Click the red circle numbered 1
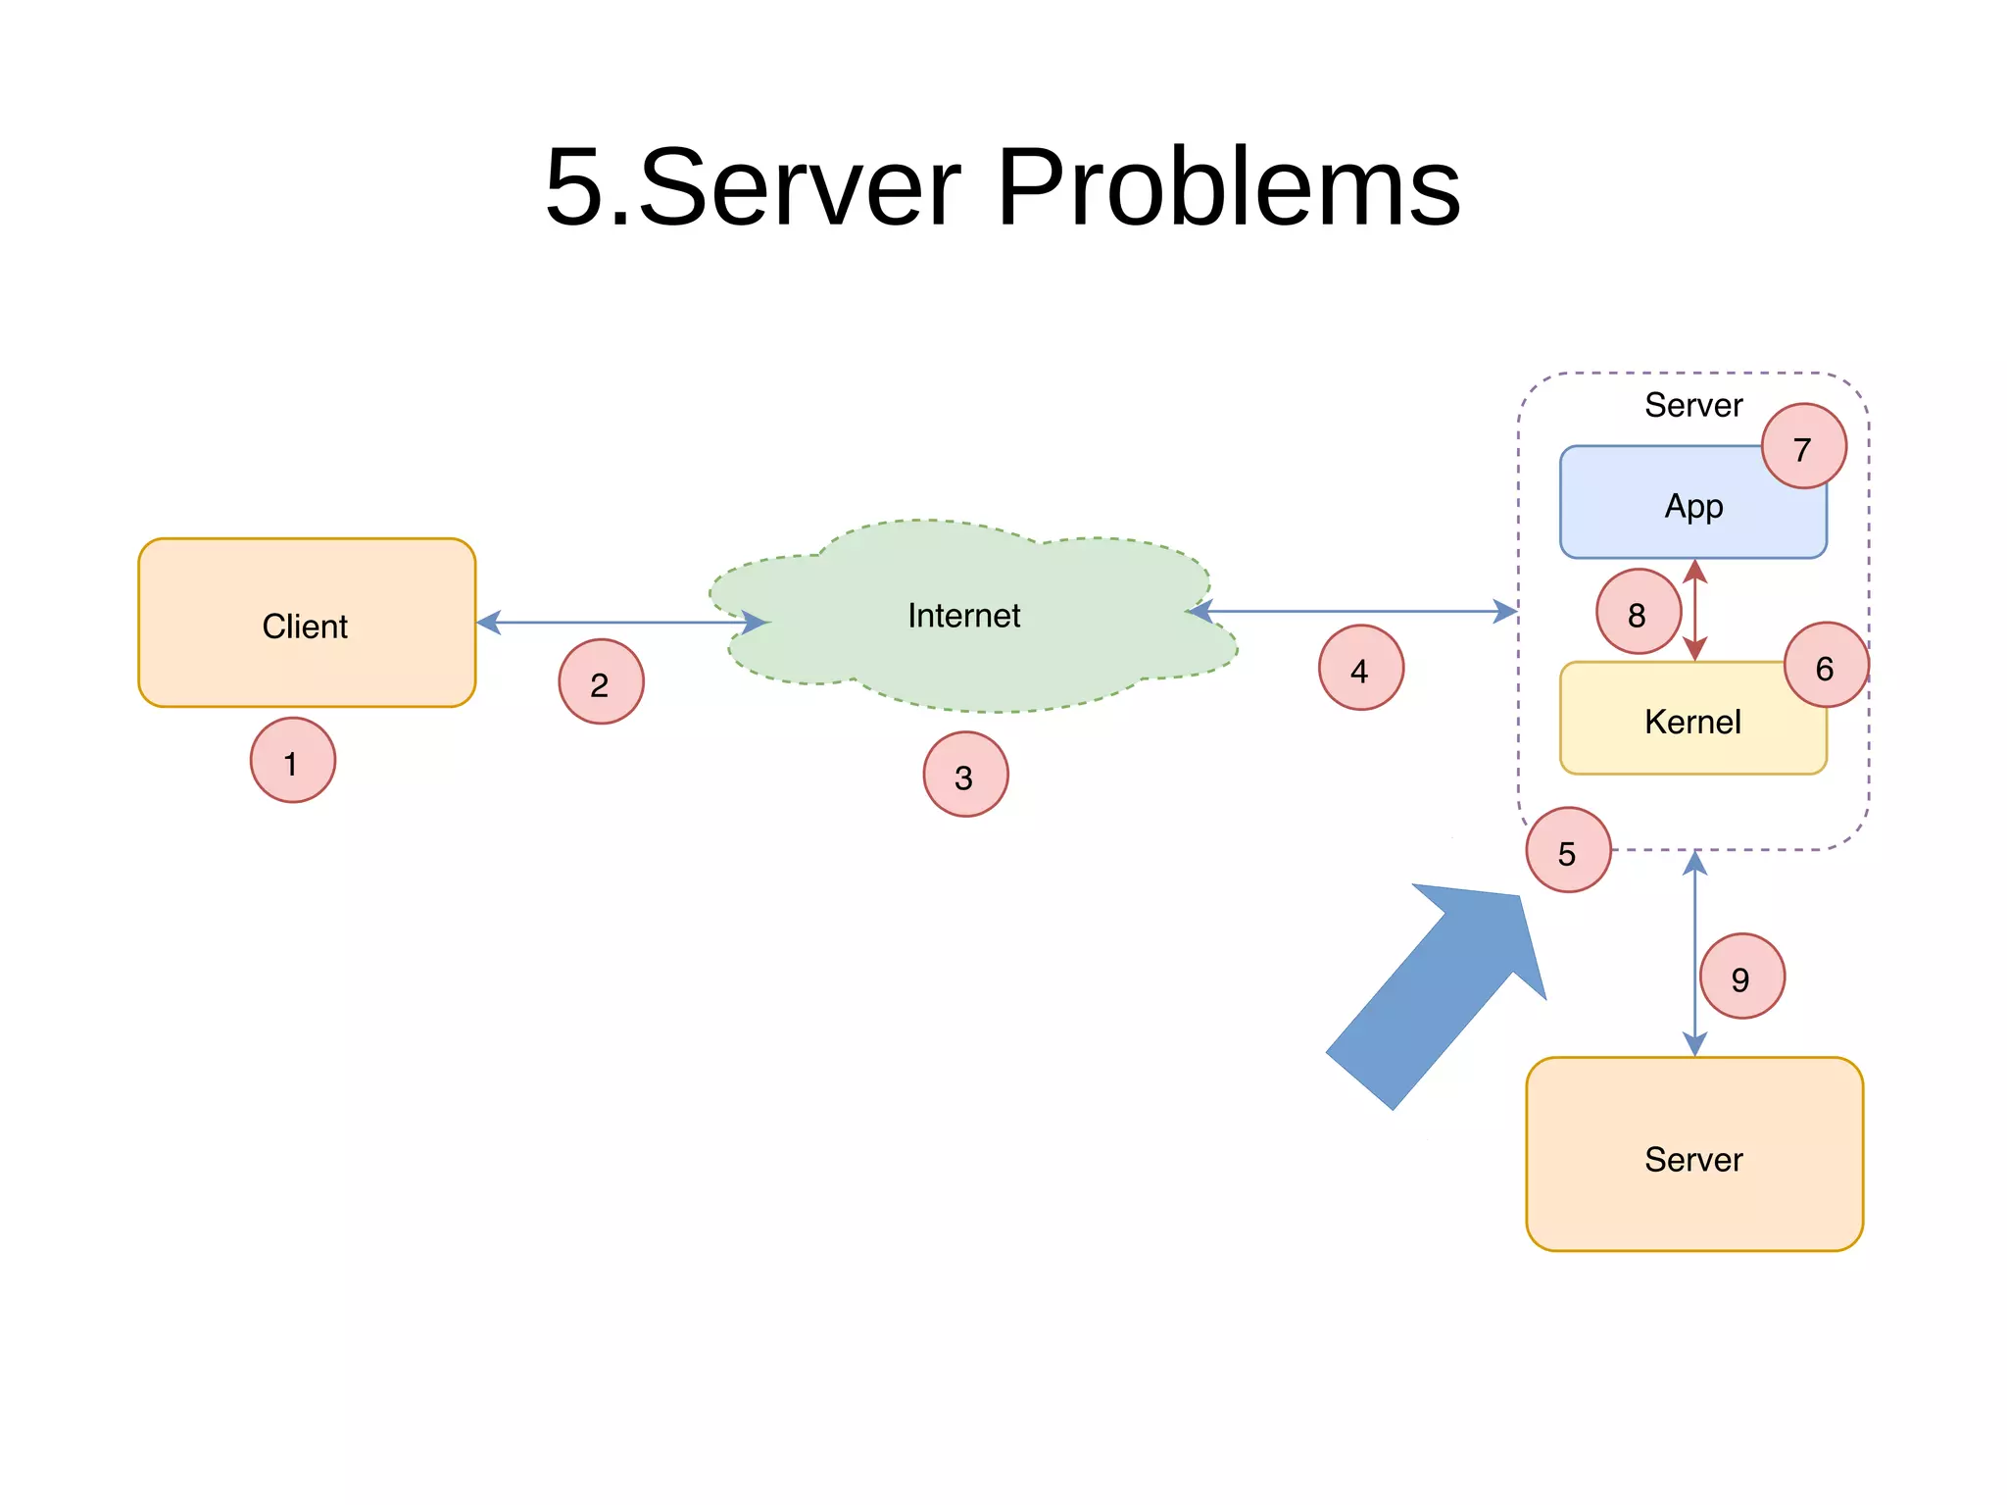292,760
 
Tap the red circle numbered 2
601,681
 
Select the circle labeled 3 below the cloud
965,775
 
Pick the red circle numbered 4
1360,668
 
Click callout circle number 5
1568,850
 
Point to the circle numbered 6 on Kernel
1826,665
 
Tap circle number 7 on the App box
1803,446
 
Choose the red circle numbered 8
1638,612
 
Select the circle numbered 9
1741,977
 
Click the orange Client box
306,623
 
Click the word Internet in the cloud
963,616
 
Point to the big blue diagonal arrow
1441,990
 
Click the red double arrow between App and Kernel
1695,610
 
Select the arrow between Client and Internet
621,622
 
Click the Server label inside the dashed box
1693,405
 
